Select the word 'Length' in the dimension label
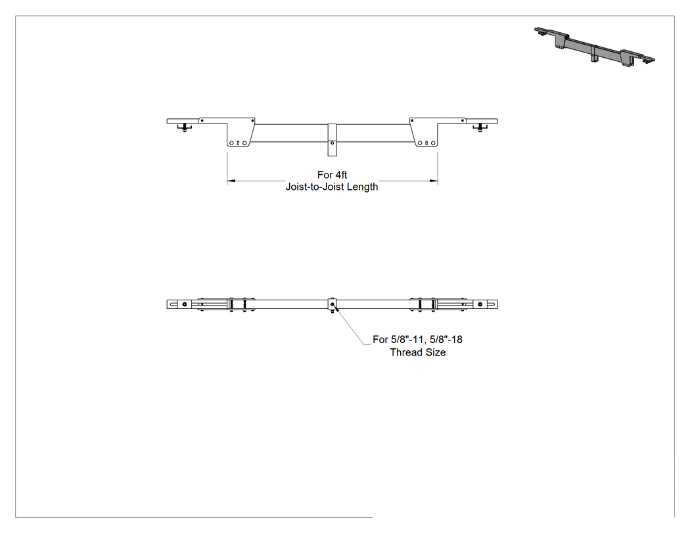pos(363,187)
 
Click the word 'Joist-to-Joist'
pos(315,187)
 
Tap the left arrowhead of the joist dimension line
pos(233,181)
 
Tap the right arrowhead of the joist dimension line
pos(433,181)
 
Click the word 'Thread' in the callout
pos(405,352)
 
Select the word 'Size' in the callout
pos(434,352)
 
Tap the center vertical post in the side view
pos(333,139)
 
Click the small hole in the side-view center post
pos(333,143)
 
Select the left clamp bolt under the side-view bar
pos(185,128)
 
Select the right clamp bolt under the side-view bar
pos(480,128)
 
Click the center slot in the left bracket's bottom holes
pos(238,143)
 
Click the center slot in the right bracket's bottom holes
pos(426,143)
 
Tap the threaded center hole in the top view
pos(333,304)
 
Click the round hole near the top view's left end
pos(185,304)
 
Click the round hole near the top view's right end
pos(480,304)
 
